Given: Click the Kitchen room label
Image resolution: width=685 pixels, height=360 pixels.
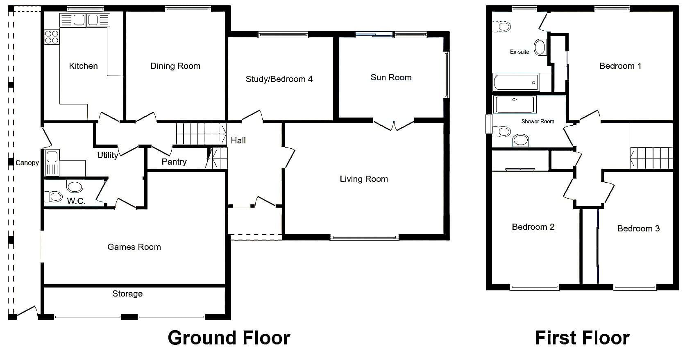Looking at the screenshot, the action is click(83, 66).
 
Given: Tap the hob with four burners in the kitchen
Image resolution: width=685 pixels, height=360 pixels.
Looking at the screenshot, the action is click(51, 37).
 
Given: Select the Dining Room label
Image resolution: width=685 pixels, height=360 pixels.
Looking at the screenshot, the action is click(175, 66).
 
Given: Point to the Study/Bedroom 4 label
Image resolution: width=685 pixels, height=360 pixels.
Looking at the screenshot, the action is click(279, 79).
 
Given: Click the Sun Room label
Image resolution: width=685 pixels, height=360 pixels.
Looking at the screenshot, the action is click(391, 78).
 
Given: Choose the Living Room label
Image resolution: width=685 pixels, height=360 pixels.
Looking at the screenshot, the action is click(364, 179).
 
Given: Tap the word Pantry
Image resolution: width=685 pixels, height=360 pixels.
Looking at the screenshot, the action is click(174, 162).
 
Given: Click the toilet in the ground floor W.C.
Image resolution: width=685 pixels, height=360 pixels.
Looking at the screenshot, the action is click(54, 197).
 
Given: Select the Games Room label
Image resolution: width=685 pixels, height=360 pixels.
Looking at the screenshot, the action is click(134, 247).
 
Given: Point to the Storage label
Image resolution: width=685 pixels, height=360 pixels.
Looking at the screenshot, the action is click(127, 294).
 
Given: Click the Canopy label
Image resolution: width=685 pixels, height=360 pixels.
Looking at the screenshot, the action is click(27, 163).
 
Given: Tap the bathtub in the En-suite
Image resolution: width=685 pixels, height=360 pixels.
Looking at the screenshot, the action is click(516, 82).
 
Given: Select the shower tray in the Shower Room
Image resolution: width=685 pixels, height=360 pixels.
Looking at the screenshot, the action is click(514, 104).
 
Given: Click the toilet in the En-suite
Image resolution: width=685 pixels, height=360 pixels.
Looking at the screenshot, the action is click(502, 27).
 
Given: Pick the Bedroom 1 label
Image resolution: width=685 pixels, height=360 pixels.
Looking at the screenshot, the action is click(620, 66).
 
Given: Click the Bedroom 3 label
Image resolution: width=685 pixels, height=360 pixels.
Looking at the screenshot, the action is click(638, 229).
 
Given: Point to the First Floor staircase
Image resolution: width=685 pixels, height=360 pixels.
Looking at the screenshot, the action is click(651, 158).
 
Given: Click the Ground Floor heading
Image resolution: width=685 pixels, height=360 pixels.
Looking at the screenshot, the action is click(229, 338).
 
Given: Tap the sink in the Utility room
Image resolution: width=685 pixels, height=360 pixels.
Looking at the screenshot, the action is click(52, 163).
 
